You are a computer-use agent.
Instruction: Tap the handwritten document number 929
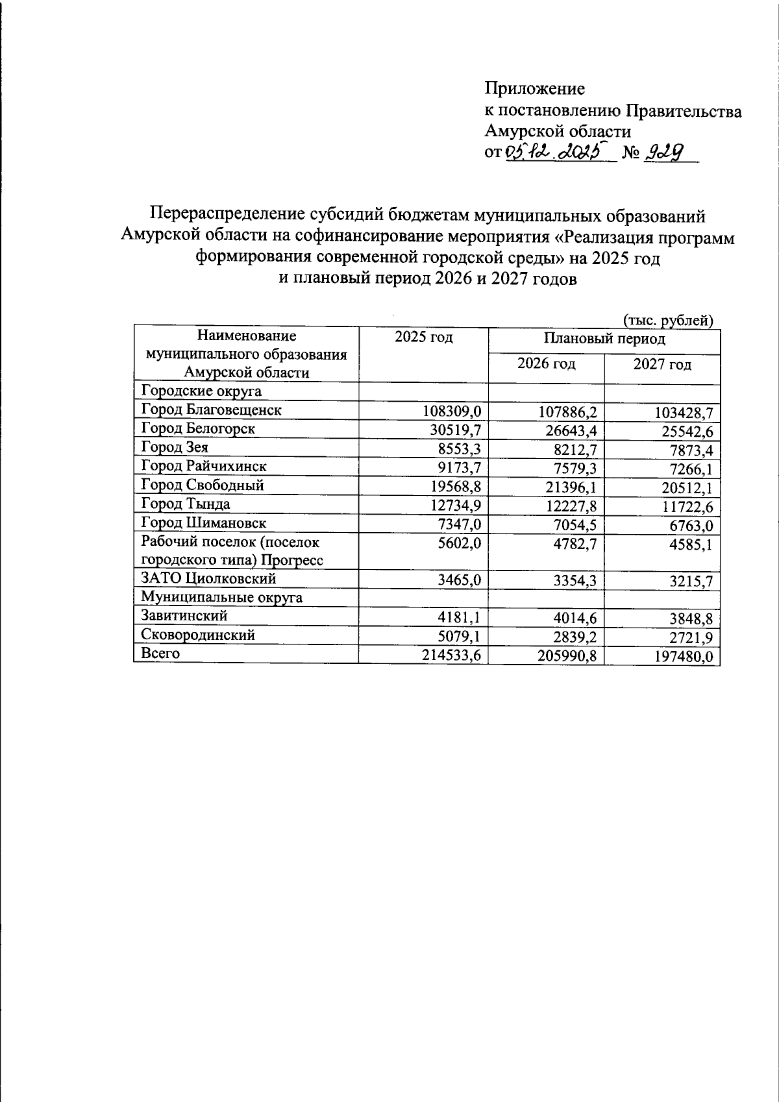[663, 153]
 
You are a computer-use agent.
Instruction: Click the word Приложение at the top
[534, 88]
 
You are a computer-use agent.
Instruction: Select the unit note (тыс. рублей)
[668, 320]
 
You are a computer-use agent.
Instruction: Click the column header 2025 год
[423, 337]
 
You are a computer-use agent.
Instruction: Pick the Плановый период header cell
[604, 339]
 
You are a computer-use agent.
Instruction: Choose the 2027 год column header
[662, 365]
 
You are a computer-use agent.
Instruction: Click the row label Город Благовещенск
[211, 410]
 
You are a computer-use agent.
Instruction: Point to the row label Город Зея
[175, 447]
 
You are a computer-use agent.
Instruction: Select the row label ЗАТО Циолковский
[208, 578]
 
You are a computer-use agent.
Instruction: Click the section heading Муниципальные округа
[221, 597]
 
